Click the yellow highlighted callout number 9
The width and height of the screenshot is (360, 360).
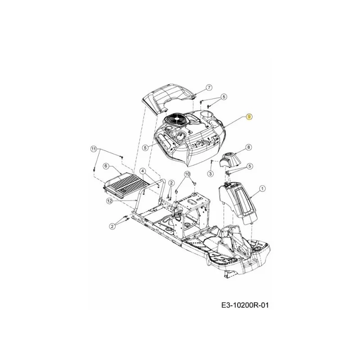(249, 117)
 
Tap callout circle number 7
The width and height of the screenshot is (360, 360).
(209, 87)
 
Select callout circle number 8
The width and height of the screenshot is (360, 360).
(249, 147)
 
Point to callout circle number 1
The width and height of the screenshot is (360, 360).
(262, 189)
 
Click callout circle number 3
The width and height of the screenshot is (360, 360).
(210, 174)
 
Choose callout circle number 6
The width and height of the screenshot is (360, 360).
(106, 166)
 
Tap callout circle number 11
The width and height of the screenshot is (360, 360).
(94, 149)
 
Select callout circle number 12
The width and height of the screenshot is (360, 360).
(109, 201)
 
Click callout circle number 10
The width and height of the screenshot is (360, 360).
(187, 174)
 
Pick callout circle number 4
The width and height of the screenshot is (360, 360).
(143, 171)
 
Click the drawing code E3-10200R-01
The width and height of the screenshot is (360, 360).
(245, 305)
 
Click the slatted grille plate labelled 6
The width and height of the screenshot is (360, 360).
(126, 185)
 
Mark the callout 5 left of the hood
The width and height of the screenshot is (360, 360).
(145, 148)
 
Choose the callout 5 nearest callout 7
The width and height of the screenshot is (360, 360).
(224, 97)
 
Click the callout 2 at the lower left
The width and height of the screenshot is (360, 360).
(112, 226)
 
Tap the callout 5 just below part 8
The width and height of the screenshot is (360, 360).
(250, 166)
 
